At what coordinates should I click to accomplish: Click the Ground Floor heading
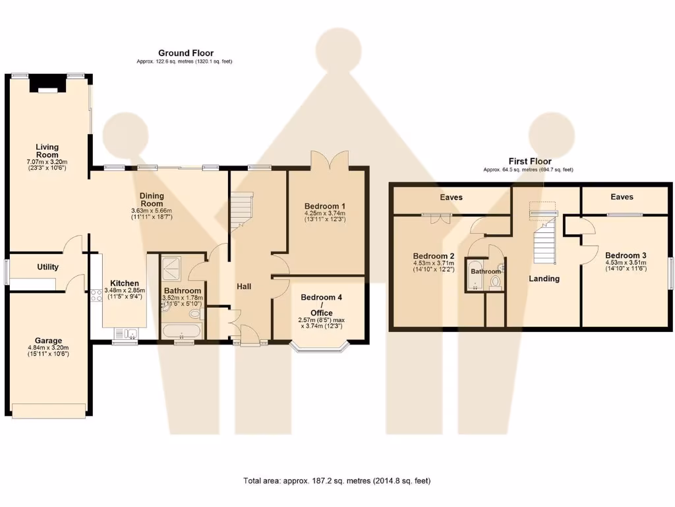185,53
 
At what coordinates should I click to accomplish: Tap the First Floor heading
529,161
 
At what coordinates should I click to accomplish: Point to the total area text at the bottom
337,481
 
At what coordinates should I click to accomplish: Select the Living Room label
47,151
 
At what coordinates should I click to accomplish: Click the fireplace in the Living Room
47,86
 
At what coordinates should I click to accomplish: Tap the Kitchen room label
124,283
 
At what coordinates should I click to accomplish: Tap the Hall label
245,287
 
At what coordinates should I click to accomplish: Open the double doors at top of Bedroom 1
329,159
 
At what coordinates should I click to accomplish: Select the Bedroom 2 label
433,256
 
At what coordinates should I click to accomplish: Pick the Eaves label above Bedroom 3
622,197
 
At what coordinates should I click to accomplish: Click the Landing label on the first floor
544,279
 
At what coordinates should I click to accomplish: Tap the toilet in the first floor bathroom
495,282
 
